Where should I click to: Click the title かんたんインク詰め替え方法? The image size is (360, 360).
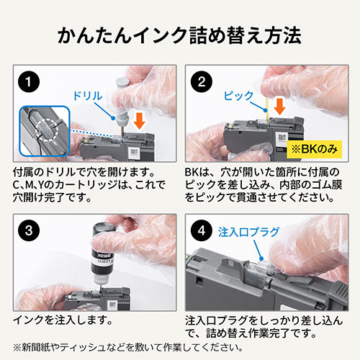179,35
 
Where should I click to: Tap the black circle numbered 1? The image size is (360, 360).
29,81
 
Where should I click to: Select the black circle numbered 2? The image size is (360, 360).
202,81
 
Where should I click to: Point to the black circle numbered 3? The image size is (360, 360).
29,230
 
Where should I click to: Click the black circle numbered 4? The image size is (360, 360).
202,230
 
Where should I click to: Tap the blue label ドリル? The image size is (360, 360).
88,96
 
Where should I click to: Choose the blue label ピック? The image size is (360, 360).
238,96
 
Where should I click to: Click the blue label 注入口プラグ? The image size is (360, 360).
249,232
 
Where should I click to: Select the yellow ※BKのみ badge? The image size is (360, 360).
315,149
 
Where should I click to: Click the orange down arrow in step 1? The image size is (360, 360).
139,121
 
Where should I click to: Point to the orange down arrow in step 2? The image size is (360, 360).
279,107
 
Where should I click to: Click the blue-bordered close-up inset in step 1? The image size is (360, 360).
45,131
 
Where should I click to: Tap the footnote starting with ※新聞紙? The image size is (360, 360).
127,348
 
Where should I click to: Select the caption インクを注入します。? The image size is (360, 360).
63,320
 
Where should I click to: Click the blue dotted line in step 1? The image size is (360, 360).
91,134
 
